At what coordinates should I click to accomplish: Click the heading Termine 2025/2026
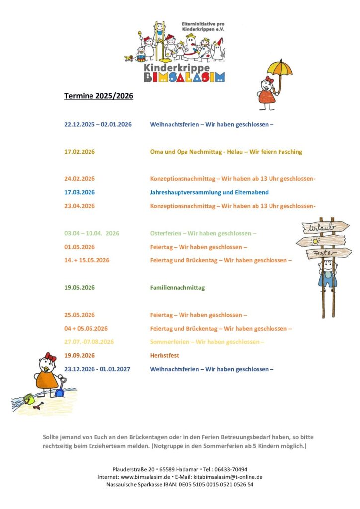[98, 96]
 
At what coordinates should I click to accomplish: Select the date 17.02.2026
[80, 152]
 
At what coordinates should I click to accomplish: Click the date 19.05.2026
[80, 288]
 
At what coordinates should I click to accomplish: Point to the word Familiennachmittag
[177, 288]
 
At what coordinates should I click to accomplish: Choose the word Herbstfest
[164, 356]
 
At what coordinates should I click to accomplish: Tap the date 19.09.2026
[80, 356]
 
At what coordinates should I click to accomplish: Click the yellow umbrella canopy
[279, 67]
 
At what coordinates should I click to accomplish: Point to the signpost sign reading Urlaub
[320, 229]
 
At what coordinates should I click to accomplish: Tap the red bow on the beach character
[50, 356]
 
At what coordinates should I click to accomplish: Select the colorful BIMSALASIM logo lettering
[184, 77]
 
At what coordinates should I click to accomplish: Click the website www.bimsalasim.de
[150, 477]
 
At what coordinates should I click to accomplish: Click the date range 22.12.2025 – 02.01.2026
[98, 124]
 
